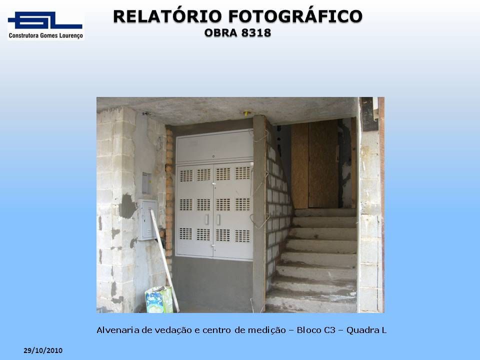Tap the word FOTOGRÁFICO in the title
pos(295,16)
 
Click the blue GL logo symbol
pos(45,20)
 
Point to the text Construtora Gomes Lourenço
pos(46,35)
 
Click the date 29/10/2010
pos(43,350)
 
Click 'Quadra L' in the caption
pos(366,330)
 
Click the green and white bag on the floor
pos(159,299)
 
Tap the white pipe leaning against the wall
pos(164,260)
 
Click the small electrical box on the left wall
pos(147,219)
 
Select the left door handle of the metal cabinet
pos(207,219)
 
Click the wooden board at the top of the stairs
pos(314,164)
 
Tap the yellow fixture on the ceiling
pos(247,113)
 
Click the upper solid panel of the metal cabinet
pos(214,147)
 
